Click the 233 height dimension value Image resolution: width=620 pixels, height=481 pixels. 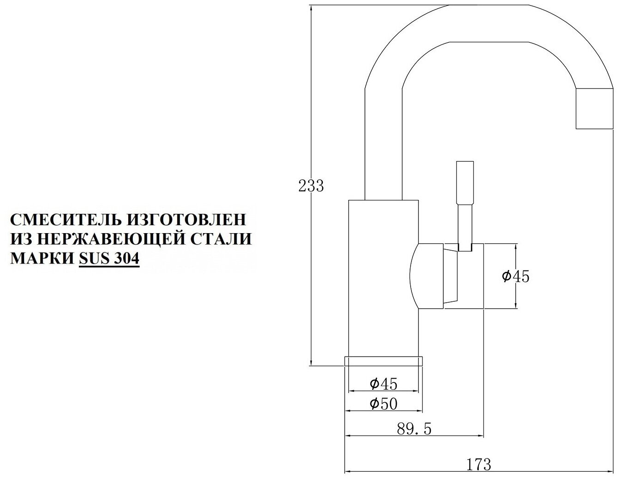coord(311,186)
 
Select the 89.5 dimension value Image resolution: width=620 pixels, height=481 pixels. coord(414,428)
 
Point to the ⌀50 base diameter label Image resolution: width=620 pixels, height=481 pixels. coord(383,404)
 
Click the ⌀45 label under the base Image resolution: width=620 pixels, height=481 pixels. coord(383,383)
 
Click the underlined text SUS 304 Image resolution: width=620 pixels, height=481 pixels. coord(109,258)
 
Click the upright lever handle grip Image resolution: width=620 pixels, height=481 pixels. coord(465,182)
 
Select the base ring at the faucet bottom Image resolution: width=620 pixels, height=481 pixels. coord(383,361)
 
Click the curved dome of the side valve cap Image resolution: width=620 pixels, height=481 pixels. coord(425,276)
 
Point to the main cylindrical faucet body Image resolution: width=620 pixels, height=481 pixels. coord(383,276)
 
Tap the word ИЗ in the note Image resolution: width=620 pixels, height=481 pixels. coord(20,239)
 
